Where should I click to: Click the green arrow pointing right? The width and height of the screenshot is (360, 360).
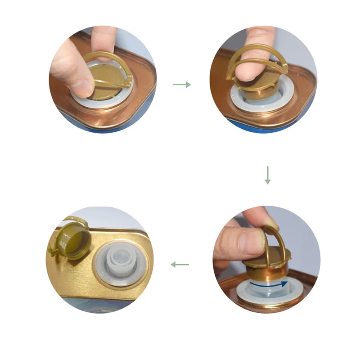point(182,85)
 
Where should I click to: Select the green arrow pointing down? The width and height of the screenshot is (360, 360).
point(268,175)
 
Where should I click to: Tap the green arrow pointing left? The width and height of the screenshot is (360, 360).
point(180,265)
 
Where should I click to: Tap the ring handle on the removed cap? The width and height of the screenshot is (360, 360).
point(58,236)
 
